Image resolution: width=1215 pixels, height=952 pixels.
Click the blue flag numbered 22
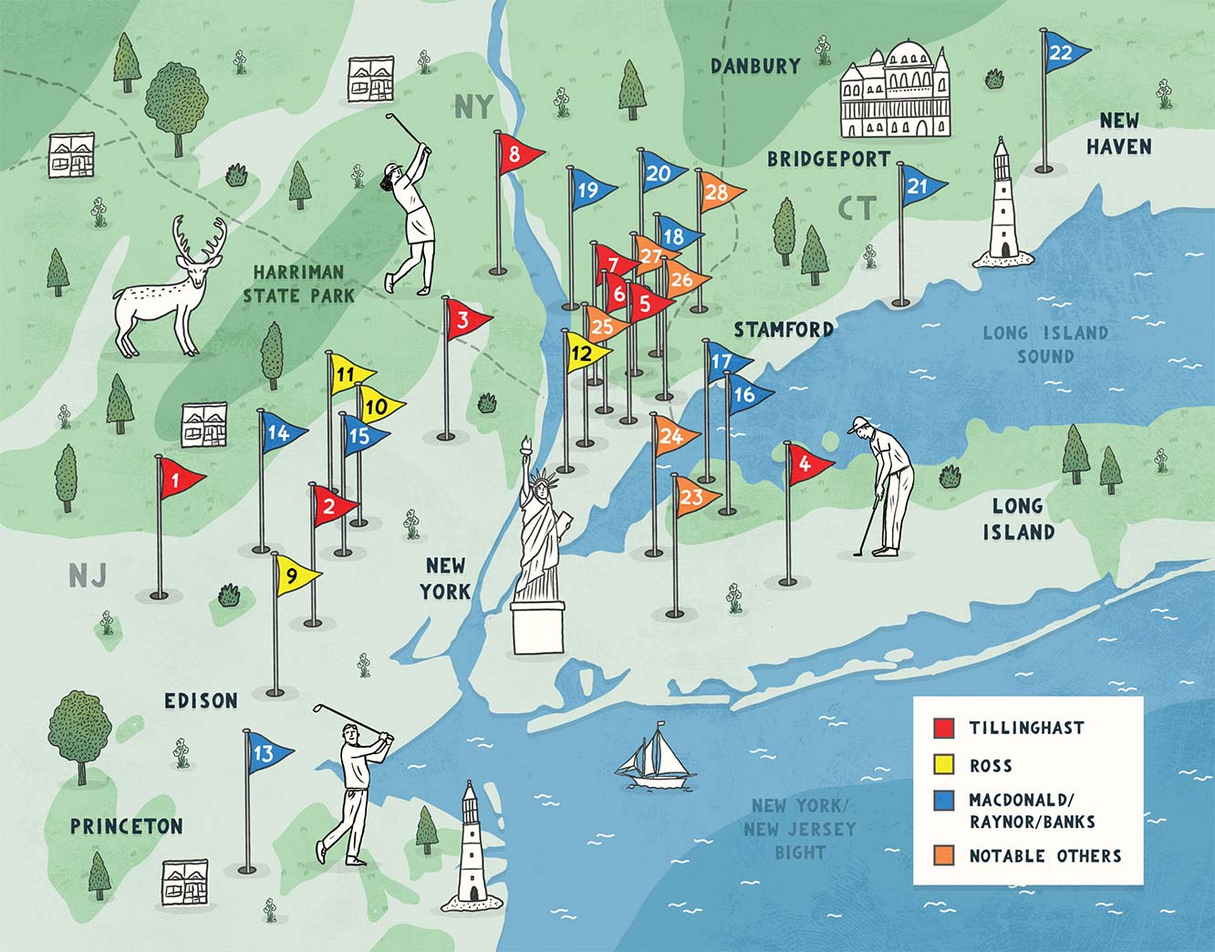[x=1064, y=53]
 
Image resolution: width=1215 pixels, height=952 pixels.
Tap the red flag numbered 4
[x=807, y=463]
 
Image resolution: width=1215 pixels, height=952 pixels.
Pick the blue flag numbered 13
[x=265, y=753]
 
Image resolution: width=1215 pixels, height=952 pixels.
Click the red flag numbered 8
[x=517, y=155]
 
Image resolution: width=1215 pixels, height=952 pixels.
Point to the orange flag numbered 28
[x=719, y=192]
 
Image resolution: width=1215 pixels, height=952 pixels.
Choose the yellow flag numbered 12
[x=584, y=352]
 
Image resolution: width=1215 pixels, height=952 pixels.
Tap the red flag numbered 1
[x=178, y=478]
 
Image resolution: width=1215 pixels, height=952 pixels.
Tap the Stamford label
[x=783, y=329]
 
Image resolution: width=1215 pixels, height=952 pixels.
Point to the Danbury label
[x=755, y=66]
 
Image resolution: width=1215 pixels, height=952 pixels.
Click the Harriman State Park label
[x=298, y=283]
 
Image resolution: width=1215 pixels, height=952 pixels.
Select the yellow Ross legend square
[x=944, y=765]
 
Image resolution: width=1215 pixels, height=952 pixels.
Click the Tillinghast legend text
[x=1026, y=728]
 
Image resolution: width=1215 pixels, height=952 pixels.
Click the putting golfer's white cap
[x=860, y=424]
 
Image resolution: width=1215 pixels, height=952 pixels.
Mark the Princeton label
[x=127, y=826]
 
